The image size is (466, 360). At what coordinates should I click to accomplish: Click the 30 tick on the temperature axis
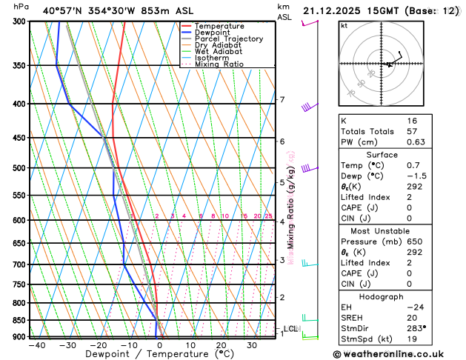point(252,345)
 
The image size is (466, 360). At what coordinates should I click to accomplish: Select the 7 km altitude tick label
point(282,99)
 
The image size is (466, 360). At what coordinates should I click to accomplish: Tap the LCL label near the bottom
point(290,329)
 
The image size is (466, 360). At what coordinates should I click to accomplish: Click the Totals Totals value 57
point(412,131)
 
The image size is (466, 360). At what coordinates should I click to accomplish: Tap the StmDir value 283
point(415,327)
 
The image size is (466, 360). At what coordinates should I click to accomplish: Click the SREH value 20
point(412,316)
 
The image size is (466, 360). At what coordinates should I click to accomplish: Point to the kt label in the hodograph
point(344,25)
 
